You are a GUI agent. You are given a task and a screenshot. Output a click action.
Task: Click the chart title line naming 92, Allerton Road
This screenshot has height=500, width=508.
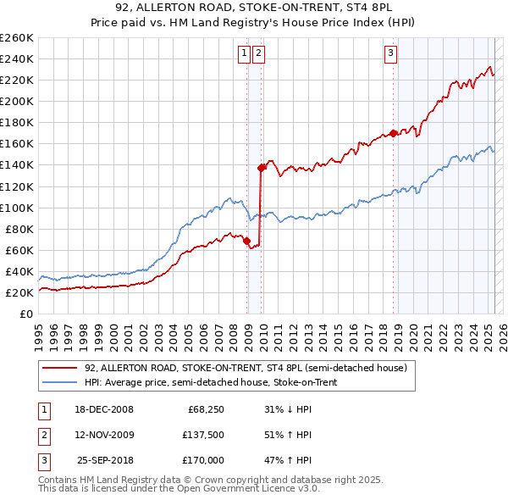254,9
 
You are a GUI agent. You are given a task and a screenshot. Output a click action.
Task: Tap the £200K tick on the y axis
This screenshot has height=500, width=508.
17,101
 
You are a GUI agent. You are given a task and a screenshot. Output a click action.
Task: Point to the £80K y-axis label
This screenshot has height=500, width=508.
19,229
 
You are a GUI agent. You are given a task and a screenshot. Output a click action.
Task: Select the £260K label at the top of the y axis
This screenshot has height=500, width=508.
17,37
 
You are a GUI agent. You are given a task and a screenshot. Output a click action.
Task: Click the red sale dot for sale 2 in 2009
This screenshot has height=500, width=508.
261,168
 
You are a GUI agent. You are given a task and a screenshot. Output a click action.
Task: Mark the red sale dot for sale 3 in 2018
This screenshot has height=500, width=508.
394,133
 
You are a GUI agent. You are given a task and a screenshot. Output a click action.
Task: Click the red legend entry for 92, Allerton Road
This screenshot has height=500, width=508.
246,368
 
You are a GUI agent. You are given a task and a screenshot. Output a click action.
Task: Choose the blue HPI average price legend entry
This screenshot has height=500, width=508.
222,382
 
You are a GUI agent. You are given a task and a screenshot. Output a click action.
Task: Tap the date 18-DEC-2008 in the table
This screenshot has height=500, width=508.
104,409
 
